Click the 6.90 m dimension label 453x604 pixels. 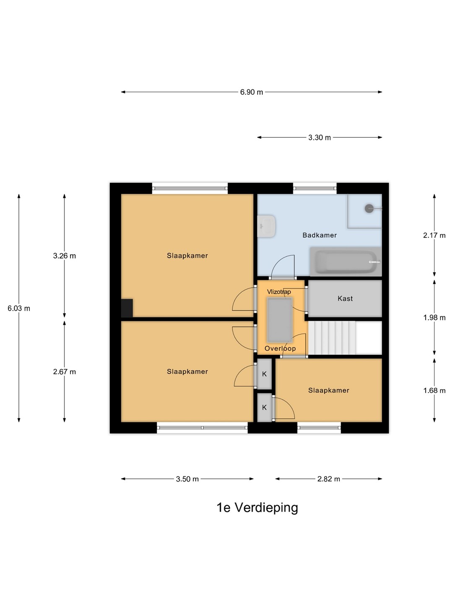click(x=251, y=92)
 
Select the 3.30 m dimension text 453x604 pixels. click(x=319, y=137)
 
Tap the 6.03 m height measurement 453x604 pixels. click(x=19, y=308)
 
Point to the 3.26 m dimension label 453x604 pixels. click(x=64, y=255)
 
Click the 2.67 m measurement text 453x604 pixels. click(x=64, y=372)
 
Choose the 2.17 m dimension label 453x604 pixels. click(x=434, y=235)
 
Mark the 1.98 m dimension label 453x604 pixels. click(x=434, y=318)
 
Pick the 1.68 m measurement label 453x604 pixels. click(x=434, y=390)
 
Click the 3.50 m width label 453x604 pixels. click(x=187, y=479)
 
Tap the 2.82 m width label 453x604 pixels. click(x=329, y=479)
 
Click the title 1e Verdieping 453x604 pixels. click(x=257, y=508)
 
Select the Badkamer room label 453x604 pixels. click(x=320, y=235)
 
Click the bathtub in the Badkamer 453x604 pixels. click(x=346, y=261)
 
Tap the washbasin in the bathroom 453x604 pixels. click(x=266, y=226)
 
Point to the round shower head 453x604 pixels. click(x=369, y=208)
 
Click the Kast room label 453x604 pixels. click(x=345, y=298)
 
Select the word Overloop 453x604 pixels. click(x=280, y=349)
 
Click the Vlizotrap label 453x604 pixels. click(x=279, y=292)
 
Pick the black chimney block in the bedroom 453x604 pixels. click(x=127, y=308)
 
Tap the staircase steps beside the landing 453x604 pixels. click(x=332, y=338)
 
